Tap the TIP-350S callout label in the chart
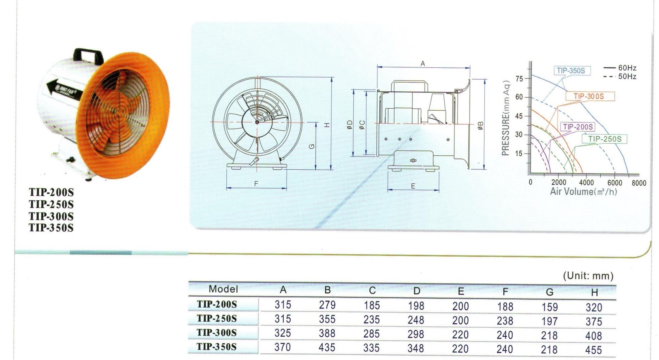coord(571,70)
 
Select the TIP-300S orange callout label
coord(590,96)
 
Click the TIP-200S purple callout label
coord(578,127)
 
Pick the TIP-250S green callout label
coord(605,139)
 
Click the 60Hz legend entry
coord(620,68)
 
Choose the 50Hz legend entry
coord(620,76)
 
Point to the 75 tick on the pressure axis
coord(519,79)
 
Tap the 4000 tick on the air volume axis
coord(586,183)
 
